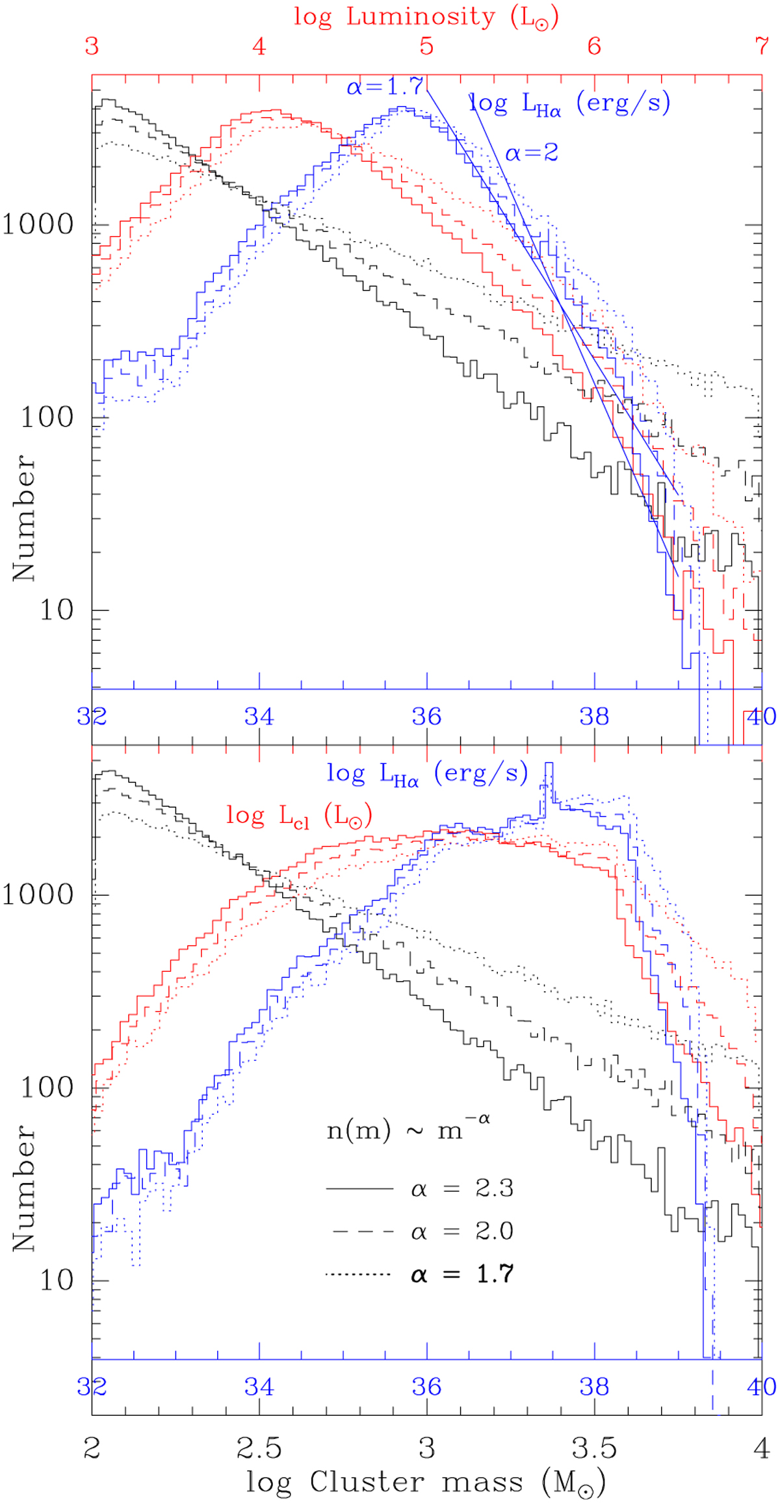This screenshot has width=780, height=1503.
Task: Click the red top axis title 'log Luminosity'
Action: pyautogui.click(x=426, y=18)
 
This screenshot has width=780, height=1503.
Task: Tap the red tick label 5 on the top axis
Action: pyautogui.click(x=426, y=46)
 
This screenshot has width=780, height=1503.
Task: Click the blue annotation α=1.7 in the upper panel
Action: pyautogui.click(x=385, y=86)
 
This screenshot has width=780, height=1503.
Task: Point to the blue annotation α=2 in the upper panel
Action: pyautogui.click(x=532, y=153)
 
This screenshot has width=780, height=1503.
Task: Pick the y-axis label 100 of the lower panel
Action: pyautogui.click(x=47, y=1088)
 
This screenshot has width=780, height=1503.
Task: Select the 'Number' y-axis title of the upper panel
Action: pyautogui.click(x=24, y=517)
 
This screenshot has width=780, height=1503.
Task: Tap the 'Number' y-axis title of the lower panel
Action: pyautogui.click(x=24, y=1187)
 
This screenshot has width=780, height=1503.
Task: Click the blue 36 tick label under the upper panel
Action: pyautogui.click(x=426, y=716)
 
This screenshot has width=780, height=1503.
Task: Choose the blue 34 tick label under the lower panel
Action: pyautogui.click(x=259, y=1386)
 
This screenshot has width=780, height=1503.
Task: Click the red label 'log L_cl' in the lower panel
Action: pyautogui.click(x=299, y=815)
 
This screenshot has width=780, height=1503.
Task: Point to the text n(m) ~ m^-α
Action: pyautogui.click(x=408, y=1130)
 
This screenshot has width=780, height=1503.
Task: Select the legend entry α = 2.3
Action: pyautogui.click(x=461, y=1188)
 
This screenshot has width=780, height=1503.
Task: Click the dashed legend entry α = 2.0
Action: pyautogui.click(x=461, y=1231)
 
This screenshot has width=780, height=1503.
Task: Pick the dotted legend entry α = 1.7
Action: pyautogui.click(x=461, y=1274)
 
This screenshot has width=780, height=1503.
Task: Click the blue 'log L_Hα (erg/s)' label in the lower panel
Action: pyautogui.click(x=427, y=774)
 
